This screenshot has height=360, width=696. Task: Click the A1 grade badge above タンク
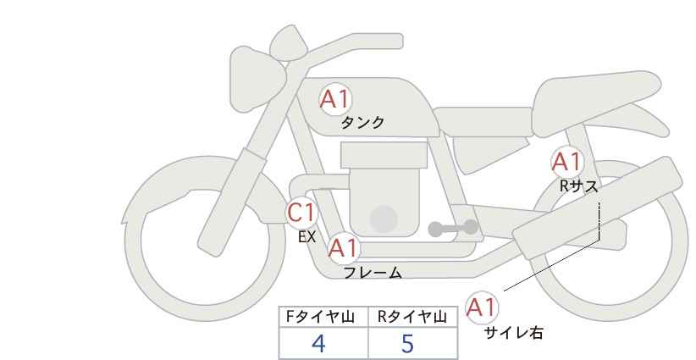334,100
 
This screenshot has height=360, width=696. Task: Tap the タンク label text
362,123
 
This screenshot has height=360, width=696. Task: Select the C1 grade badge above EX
301,213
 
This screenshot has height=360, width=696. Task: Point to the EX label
307,237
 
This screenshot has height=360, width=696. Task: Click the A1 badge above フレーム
343,249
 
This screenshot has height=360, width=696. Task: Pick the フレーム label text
373,273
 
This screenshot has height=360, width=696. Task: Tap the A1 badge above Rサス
566,161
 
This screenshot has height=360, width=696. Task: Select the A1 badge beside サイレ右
482,307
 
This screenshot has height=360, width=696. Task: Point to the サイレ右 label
514,333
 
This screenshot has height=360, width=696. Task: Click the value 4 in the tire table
319,343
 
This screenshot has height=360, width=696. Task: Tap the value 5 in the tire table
407,343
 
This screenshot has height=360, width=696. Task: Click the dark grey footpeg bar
452,228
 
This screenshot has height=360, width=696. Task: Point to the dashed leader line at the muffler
599,220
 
